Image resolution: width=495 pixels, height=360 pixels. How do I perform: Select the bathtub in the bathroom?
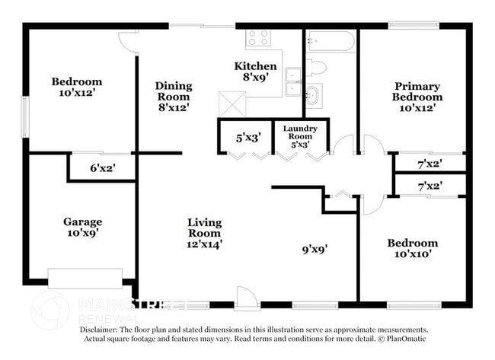click(x=331, y=40)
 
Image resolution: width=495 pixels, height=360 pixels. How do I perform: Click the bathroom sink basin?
click(x=313, y=95)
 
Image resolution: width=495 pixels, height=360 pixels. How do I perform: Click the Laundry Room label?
click(x=300, y=135)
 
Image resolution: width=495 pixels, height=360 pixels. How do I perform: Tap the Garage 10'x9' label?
click(x=82, y=228)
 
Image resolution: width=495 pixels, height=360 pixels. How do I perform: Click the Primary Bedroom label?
click(x=417, y=91)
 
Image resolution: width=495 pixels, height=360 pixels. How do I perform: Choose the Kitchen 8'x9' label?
click(x=255, y=72)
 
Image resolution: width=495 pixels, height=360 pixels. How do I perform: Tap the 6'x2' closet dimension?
click(x=102, y=169)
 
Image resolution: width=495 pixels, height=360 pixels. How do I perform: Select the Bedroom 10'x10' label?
click(x=412, y=249)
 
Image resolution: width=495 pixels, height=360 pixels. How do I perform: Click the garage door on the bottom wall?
click(x=85, y=278)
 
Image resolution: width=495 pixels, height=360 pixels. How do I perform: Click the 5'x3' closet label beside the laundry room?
click(x=248, y=138)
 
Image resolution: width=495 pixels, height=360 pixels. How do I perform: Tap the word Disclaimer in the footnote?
click(x=103, y=330)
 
